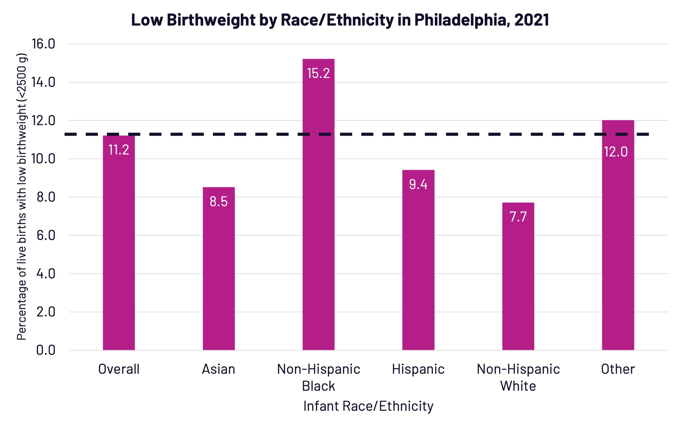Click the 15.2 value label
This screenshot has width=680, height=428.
[318, 73]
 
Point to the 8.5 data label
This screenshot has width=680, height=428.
[219, 201]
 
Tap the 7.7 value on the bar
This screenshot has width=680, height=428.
[518, 217]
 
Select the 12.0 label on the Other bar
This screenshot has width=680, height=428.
[616, 152]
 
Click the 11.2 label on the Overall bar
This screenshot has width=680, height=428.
[119, 150]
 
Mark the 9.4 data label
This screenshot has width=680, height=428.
[418, 184]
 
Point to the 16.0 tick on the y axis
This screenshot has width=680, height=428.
[43, 44]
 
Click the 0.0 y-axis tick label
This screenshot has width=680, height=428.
[46, 350]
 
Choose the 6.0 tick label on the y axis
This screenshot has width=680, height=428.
[46, 235]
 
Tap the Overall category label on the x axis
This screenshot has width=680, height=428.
[119, 369]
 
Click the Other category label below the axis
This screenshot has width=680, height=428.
[618, 369]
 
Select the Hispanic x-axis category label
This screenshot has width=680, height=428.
[418, 369]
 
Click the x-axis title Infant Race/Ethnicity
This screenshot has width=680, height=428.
[368, 406]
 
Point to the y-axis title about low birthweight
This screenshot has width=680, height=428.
[22, 197]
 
